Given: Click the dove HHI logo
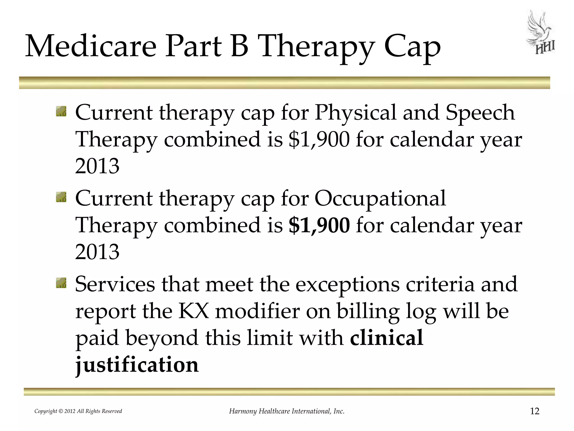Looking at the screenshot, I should tap(540, 33).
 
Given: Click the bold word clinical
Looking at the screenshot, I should tap(386, 338).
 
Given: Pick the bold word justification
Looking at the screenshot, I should tap(137, 364).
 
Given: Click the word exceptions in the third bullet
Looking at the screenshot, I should tap(348, 284).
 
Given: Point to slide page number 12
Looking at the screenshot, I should tap(535, 411).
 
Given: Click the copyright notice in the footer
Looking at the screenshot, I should tap(78, 411).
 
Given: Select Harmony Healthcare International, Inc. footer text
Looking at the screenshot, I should tap(287, 411).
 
